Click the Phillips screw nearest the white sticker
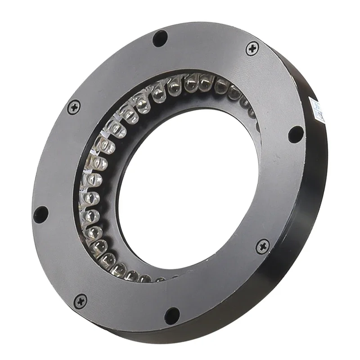coord(252,48)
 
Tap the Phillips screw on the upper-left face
coord(74,107)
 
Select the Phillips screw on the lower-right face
coord(262,246)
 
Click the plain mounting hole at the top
coord(160,38)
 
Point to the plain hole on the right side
coord(296,134)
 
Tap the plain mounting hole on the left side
coord(40,214)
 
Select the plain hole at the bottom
coord(172,315)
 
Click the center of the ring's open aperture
coord(189,189)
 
